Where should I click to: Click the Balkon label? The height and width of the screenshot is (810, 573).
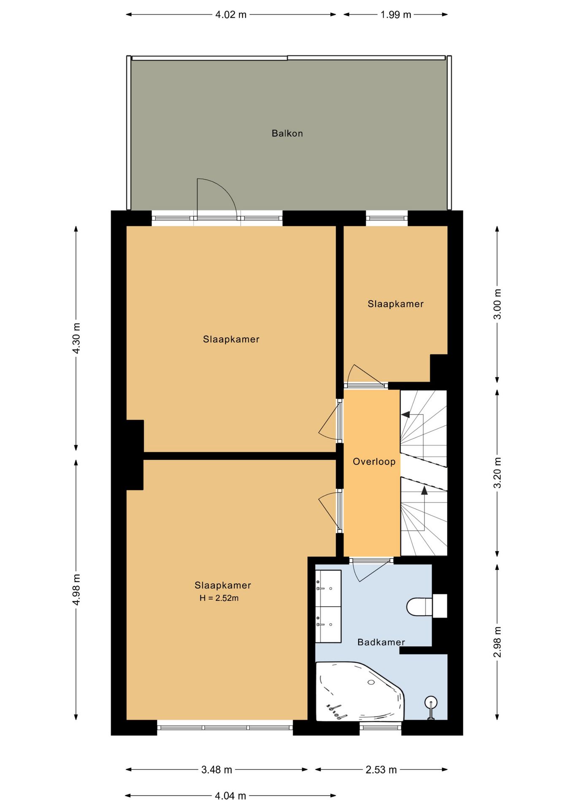click(287, 133)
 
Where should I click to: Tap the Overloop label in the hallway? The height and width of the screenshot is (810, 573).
click(374, 462)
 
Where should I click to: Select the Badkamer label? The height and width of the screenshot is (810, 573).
click(381, 642)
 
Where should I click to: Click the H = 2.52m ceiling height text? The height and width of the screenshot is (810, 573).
click(219, 598)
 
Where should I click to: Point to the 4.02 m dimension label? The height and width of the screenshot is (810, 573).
click(231, 15)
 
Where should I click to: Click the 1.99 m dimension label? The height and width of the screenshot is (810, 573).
click(396, 15)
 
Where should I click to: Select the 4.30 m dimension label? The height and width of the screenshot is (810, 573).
click(76, 338)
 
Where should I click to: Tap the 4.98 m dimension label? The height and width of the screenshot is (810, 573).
click(76, 590)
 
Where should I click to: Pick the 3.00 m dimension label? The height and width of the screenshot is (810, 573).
click(497, 304)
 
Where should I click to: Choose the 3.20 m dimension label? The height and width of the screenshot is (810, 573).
click(497, 472)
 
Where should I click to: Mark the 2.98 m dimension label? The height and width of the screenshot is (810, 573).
click(497, 642)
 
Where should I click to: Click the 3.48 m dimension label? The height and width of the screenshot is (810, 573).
click(216, 769)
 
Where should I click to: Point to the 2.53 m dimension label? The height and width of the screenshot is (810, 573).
click(381, 769)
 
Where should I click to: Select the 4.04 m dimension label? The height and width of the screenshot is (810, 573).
click(230, 796)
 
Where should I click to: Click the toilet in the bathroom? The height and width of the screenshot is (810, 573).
click(426, 606)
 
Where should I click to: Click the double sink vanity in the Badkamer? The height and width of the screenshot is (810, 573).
click(328, 606)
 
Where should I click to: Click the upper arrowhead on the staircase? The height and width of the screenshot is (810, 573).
click(405, 415)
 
